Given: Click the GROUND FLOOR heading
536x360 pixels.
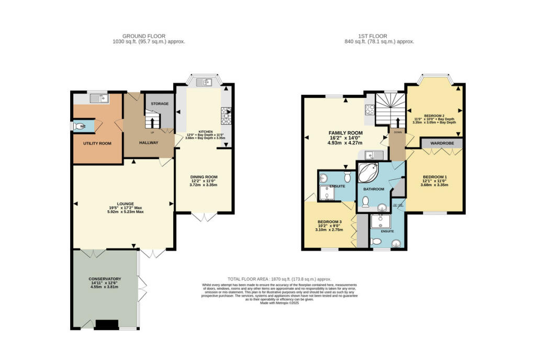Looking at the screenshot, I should (x=149, y=36).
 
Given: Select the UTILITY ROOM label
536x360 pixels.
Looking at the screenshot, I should (x=97, y=143).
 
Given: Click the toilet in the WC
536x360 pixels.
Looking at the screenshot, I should (x=80, y=126).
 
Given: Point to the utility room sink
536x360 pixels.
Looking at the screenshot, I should (x=98, y=97).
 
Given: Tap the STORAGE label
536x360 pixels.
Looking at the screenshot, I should (x=160, y=104).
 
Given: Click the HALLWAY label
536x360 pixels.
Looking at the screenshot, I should (x=149, y=143).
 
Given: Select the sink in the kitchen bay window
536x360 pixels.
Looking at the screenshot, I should (x=203, y=82).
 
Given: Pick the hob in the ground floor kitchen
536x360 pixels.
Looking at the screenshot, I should (x=227, y=116).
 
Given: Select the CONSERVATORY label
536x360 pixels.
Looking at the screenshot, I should (x=105, y=279).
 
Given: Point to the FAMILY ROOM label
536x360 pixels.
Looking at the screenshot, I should (x=345, y=133).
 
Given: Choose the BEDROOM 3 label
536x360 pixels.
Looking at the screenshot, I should (x=329, y=221).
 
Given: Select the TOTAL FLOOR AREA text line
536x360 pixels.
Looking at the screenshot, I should (x=279, y=279).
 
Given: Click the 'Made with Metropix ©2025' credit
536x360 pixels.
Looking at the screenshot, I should (x=279, y=303).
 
